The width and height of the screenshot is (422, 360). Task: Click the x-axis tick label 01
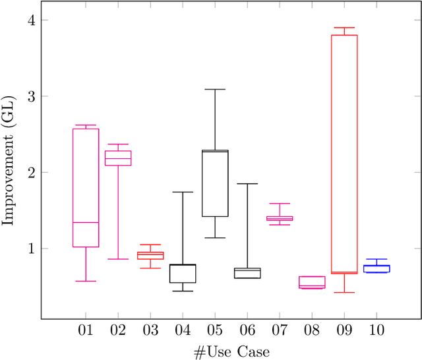[86, 330]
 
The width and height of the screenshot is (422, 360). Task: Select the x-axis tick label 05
[215, 330]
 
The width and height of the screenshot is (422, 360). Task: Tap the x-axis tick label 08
[312, 330]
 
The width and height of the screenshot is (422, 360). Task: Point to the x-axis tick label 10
[377, 330]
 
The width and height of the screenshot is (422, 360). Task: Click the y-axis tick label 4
[28, 20]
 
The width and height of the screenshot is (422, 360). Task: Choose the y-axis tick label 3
[28, 96]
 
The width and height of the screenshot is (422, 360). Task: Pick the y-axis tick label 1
[28, 249]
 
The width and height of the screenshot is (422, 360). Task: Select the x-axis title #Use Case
[231, 351]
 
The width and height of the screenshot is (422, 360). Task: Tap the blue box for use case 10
[377, 268]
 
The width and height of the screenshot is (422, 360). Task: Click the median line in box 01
[86, 223]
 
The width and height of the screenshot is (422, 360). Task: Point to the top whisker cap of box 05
[215, 89]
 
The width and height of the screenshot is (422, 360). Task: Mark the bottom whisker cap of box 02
[118, 259]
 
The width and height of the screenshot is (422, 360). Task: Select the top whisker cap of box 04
[183, 192]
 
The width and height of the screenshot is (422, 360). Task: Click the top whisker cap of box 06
[247, 184]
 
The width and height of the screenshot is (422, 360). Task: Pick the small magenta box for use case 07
[280, 218]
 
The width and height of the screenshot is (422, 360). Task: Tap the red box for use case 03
[150, 255]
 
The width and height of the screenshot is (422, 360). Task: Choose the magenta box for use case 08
[312, 282]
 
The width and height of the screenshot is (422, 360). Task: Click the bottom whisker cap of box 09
[344, 292]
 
